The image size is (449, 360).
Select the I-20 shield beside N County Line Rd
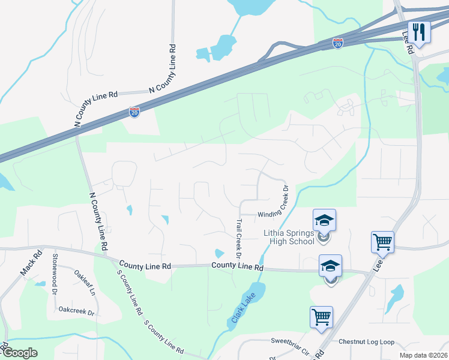pyautogui.click(x=134, y=112)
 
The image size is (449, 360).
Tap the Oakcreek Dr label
pyautogui.click(x=77, y=312)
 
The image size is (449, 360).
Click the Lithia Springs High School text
pyautogui.click(x=289, y=238)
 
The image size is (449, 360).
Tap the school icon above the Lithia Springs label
pyautogui.click(x=324, y=221)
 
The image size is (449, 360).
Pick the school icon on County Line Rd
pyautogui.click(x=330, y=265)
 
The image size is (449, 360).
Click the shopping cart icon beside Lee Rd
pyautogui.click(x=382, y=242)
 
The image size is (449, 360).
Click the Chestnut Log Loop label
pyautogui.click(x=366, y=342)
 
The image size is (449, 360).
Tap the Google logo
pyautogui.click(x=20, y=353)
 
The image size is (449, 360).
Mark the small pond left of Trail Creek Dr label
pyautogui.click(x=220, y=254)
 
